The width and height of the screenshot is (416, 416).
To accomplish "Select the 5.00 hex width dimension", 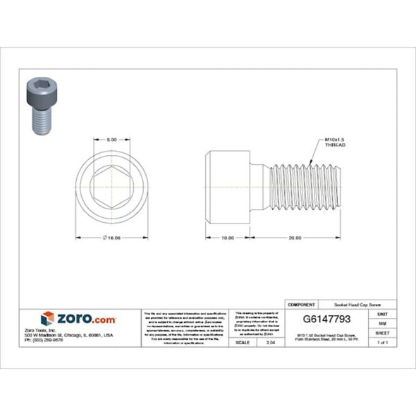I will (111, 140).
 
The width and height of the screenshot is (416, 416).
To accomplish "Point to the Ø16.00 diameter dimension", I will (111, 238).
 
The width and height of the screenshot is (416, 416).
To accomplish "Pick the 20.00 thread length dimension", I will (295, 238).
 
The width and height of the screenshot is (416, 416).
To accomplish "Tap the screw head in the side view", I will (228, 185).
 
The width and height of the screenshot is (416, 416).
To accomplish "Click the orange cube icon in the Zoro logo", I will (47, 319).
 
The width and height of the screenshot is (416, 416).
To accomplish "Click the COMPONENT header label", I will (301, 304).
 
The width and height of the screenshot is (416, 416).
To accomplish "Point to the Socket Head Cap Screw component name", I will (354, 304).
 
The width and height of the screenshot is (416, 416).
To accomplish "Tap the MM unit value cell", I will (382, 322).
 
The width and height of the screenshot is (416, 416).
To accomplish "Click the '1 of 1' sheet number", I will (382, 342).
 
